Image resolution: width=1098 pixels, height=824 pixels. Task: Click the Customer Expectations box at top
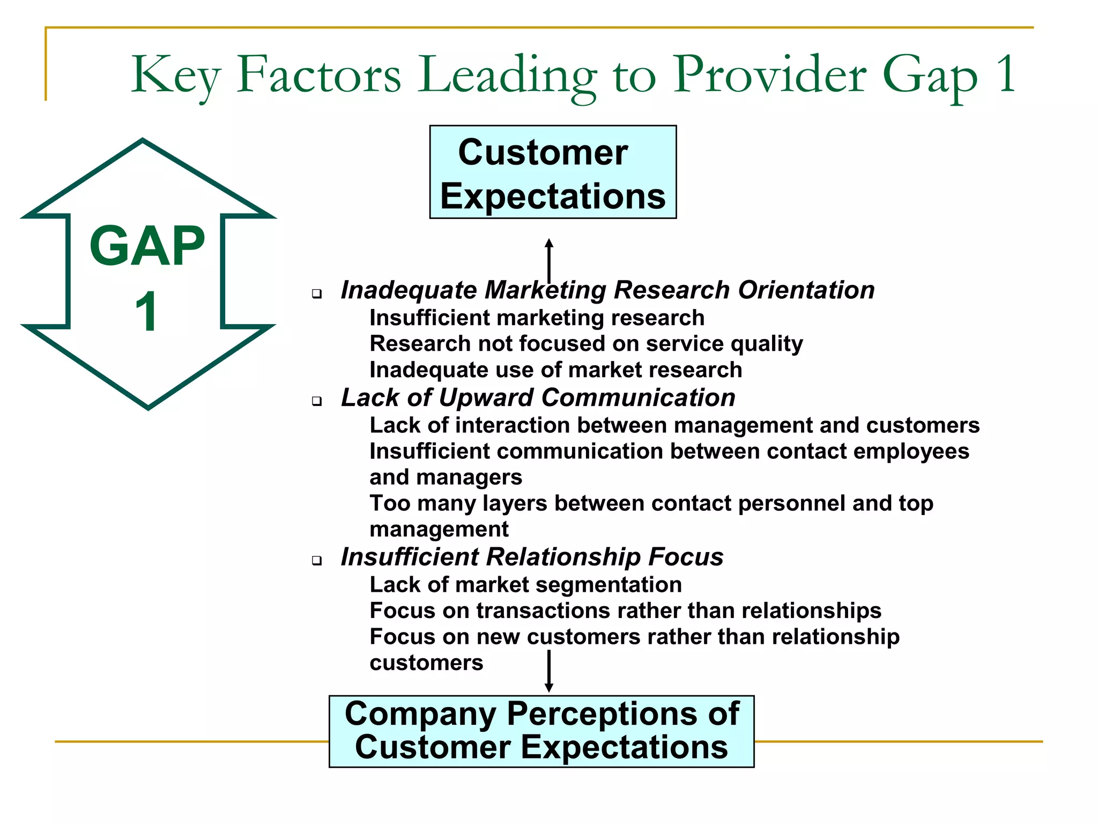click(x=553, y=172)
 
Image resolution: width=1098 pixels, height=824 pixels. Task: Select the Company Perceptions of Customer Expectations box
click(x=541, y=731)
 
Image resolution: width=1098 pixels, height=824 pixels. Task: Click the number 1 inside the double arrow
click(x=146, y=312)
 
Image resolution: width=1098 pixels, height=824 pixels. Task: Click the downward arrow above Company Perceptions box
click(x=548, y=671)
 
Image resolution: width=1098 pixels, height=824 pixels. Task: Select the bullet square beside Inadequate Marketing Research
click(x=317, y=294)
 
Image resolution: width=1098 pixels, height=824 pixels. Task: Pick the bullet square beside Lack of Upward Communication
click(x=317, y=401)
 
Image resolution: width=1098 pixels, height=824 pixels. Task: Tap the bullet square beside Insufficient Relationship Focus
click(x=317, y=561)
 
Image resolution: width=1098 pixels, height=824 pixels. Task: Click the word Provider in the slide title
click(x=769, y=75)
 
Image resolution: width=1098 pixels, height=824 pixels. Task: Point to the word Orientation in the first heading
click(x=806, y=290)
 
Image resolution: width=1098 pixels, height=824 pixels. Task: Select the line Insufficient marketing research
click(x=537, y=318)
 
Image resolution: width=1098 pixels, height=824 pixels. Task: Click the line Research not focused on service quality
click(x=586, y=344)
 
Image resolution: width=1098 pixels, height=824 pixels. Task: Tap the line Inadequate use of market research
click(x=555, y=370)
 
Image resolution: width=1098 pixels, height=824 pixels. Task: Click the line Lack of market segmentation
click(x=525, y=585)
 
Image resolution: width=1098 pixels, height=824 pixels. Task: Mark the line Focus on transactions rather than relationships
click(x=625, y=610)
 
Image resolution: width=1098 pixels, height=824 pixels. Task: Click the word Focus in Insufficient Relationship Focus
click(x=686, y=557)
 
